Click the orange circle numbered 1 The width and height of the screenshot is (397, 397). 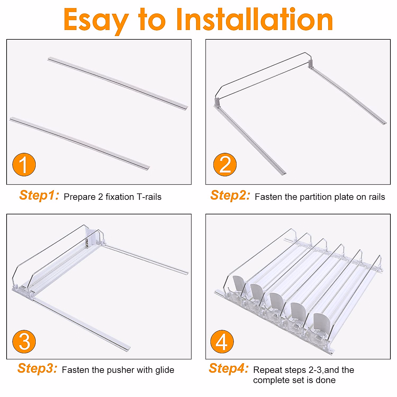click(24, 165)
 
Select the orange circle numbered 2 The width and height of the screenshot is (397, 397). click(225, 165)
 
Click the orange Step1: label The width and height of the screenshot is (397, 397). click(39, 195)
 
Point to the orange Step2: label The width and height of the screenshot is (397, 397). click(230, 195)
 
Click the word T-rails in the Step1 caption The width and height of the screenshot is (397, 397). click(149, 197)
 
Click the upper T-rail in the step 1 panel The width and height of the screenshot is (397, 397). click(118, 83)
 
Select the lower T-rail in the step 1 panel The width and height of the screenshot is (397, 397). click(80, 144)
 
